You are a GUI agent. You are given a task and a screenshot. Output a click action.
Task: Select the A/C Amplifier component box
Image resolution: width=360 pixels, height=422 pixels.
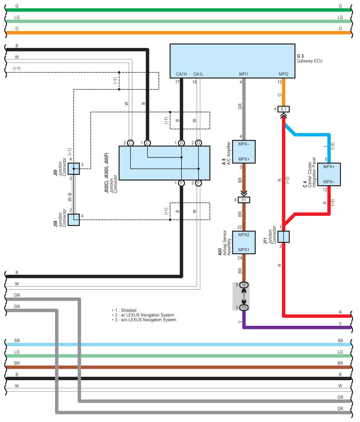tap(244, 151)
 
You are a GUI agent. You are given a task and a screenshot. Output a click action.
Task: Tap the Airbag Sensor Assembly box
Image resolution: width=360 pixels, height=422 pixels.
tap(244, 242)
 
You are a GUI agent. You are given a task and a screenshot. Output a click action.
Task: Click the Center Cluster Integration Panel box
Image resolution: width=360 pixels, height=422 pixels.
tap(329, 174)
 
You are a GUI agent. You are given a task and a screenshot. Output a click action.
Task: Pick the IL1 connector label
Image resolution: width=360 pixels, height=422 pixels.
tap(283, 109)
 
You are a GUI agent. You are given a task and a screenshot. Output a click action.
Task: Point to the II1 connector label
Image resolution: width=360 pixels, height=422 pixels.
tap(244, 200)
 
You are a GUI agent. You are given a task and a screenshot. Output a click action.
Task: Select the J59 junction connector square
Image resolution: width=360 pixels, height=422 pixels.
tap(74, 169)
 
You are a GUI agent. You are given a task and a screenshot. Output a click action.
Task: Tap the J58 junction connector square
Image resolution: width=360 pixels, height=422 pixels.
tap(74, 219)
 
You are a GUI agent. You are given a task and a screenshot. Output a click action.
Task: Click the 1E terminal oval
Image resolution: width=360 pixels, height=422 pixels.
tap(244, 285)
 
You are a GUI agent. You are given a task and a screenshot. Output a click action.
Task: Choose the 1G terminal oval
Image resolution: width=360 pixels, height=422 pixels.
tap(244, 308)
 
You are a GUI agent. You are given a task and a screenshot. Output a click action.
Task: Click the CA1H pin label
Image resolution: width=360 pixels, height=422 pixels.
tap(181, 74)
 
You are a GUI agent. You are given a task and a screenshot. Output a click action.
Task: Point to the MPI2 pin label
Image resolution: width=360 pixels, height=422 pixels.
tap(284, 74)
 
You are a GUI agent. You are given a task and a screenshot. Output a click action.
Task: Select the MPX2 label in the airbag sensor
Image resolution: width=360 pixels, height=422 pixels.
tap(244, 235)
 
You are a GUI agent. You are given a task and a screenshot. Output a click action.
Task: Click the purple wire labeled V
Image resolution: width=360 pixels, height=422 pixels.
tap(297, 327)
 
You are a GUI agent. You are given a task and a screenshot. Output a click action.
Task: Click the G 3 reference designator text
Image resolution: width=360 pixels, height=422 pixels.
tap(301, 56)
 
